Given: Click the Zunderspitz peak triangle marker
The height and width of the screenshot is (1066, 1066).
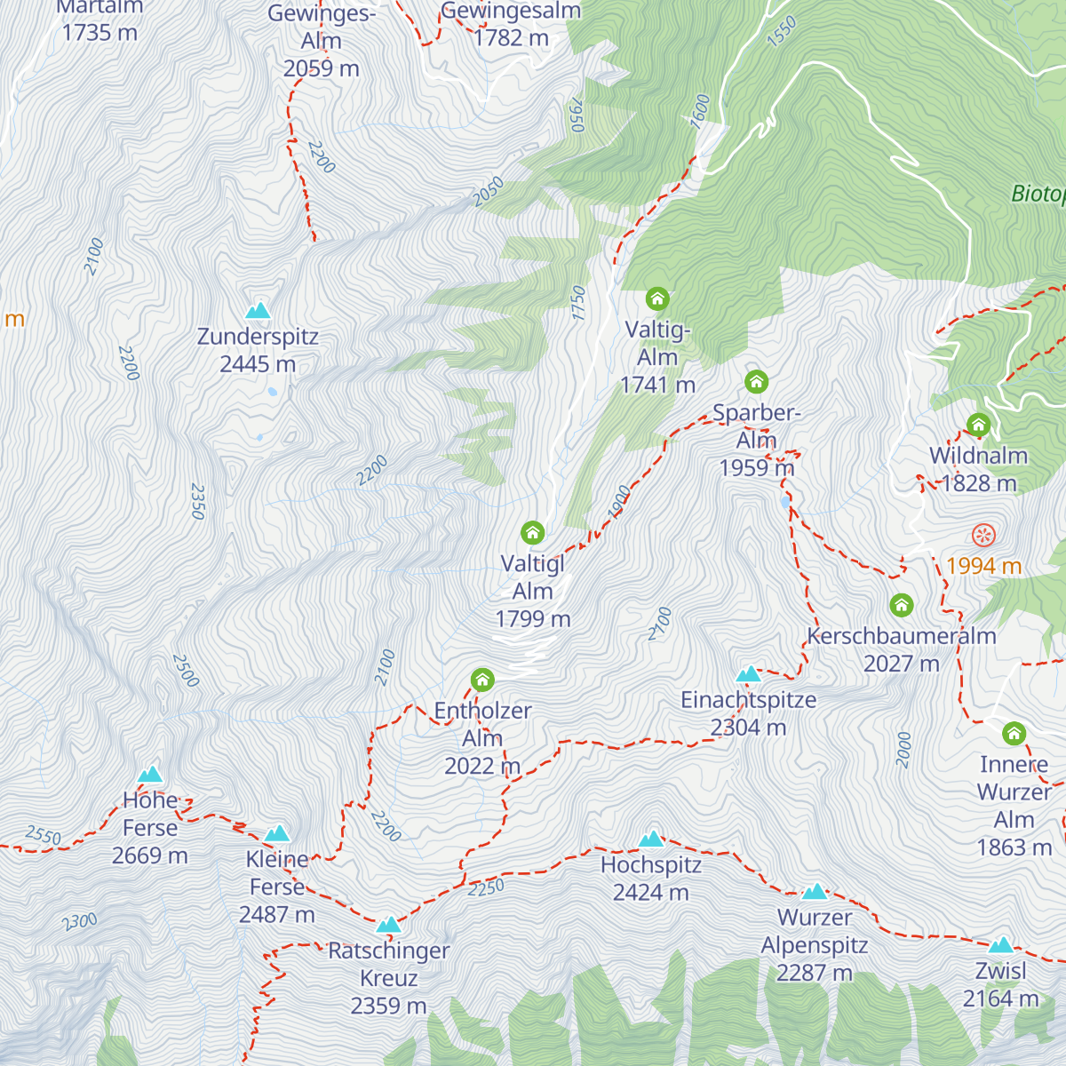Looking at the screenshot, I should click(x=258, y=311).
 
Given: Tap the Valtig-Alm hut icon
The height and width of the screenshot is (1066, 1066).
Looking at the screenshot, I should click(x=656, y=298).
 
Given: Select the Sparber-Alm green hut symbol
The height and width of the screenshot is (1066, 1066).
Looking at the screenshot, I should click(x=756, y=382).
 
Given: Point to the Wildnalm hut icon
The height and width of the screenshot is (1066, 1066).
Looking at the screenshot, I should click(x=978, y=425).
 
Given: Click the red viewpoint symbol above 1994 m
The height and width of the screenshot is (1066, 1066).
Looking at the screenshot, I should click(x=983, y=536).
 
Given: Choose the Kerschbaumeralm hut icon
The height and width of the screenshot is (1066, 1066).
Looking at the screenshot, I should click(x=902, y=606).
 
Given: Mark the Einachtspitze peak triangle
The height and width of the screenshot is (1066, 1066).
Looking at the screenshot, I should click(x=749, y=674).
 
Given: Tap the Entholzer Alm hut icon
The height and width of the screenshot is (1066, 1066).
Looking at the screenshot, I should click(x=482, y=680).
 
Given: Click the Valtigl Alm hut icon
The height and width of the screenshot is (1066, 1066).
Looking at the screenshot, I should click(x=532, y=533).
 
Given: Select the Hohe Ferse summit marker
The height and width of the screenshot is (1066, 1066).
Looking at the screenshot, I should click(x=149, y=775).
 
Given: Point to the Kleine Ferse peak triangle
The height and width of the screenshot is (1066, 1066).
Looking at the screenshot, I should click(x=277, y=834).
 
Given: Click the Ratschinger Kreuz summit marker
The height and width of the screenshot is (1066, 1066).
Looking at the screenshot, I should click(x=388, y=926).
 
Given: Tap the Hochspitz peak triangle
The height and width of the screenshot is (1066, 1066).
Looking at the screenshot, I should click(x=651, y=839).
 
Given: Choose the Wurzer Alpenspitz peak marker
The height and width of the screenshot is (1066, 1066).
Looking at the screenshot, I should click(x=815, y=892).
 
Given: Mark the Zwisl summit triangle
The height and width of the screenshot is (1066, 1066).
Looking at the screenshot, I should click(x=1000, y=945).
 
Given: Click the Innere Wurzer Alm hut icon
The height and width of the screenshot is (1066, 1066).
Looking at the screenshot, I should click(x=1014, y=734).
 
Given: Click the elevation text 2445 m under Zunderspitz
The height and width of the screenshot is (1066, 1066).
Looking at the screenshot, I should click(x=258, y=364).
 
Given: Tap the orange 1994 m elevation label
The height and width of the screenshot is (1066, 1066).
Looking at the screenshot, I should click(x=983, y=566).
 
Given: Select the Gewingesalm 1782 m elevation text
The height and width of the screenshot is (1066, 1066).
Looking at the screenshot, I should click(x=511, y=38).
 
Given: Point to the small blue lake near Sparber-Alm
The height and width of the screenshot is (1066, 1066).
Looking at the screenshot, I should click(x=785, y=502).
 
